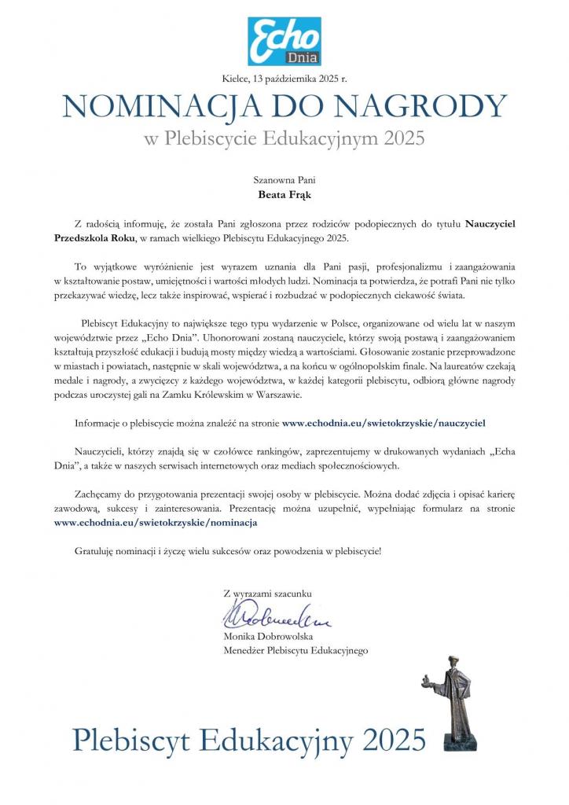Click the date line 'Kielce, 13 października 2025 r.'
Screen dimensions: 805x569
point(284,76)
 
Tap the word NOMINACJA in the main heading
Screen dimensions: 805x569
point(160,106)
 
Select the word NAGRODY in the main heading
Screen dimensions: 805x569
point(424,106)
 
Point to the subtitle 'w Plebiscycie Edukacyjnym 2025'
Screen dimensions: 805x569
point(284,139)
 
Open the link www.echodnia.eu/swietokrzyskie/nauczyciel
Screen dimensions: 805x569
point(384,422)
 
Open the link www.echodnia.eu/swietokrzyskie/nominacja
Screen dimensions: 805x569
point(156,521)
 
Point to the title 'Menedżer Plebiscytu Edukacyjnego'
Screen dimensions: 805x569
point(296,650)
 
